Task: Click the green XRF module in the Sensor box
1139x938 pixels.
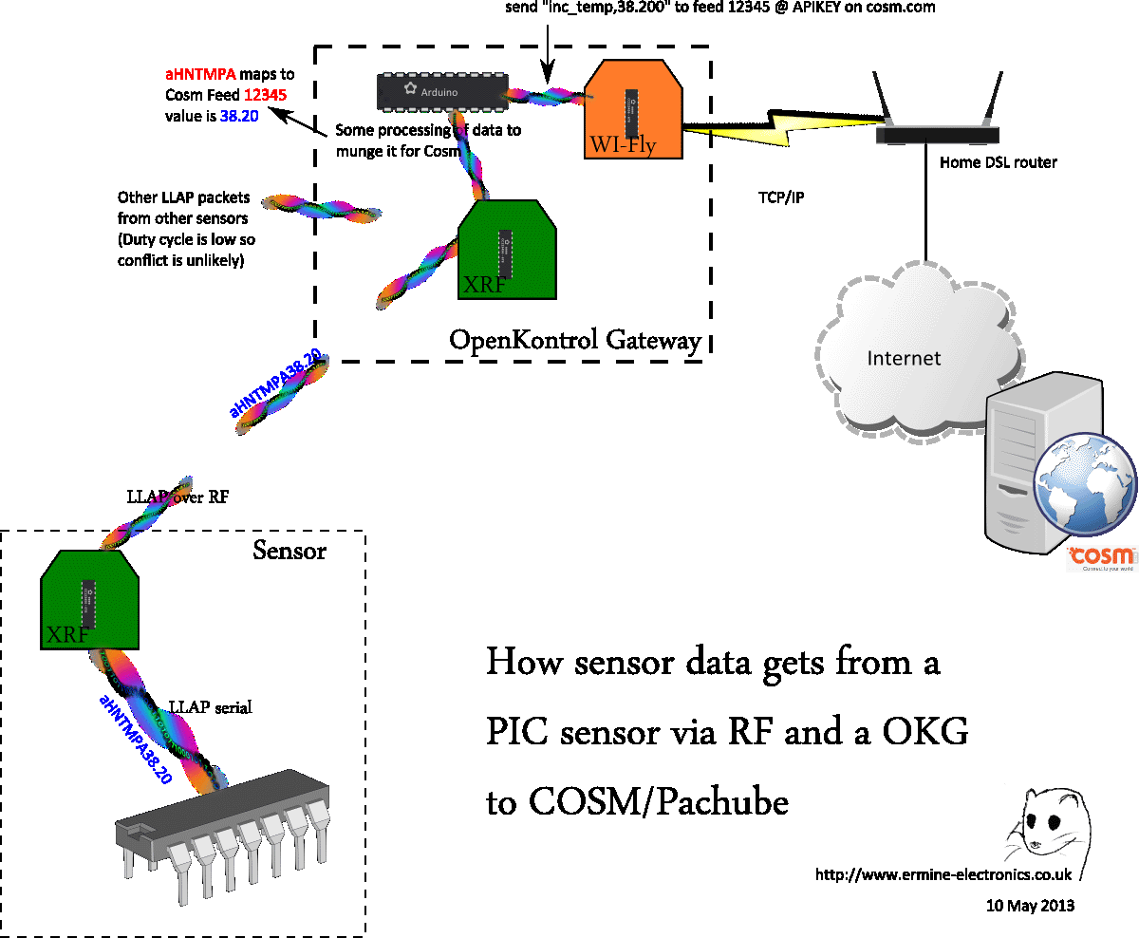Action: pyautogui.click(x=90, y=600)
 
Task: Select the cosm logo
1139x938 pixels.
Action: pyautogui.click(x=1101, y=557)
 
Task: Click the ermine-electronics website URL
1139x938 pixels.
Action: pyautogui.click(x=943, y=874)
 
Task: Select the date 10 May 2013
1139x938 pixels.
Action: pyautogui.click(x=1030, y=905)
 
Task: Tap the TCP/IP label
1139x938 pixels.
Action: pyautogui.click(x=781, y=199)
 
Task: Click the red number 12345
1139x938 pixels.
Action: pyautogui.click(x=266, y=95)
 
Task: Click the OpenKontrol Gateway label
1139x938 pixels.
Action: pyautogui.click(x=575, y=340)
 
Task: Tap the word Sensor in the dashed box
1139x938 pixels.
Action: pyautogui.click(x=289, y=551)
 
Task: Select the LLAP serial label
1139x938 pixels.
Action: pyautogui.click(x=210, y=706)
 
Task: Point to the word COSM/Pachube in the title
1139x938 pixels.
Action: pyautogui.click(x=658, y=803)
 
